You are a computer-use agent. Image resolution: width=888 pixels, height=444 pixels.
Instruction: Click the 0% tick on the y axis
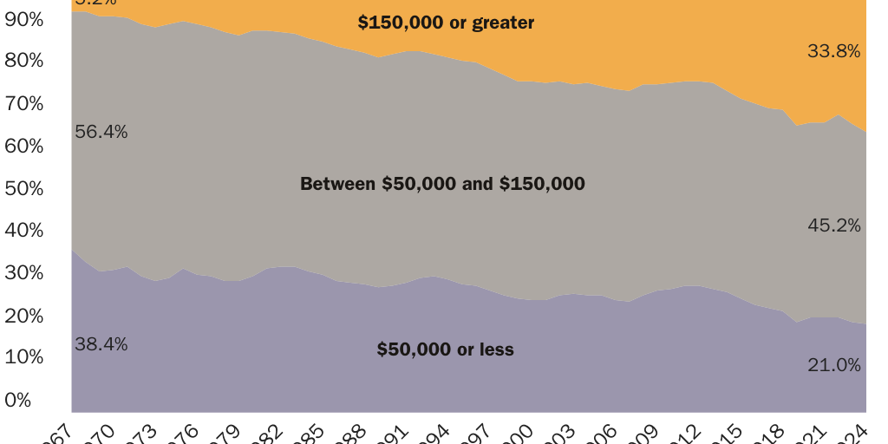17,401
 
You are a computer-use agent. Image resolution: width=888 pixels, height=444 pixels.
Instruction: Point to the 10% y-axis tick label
23,357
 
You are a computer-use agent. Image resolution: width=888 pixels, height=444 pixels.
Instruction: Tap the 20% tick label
23,316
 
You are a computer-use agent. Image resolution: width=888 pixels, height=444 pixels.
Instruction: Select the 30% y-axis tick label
23,273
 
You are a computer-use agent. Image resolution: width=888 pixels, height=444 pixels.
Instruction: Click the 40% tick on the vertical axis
23,231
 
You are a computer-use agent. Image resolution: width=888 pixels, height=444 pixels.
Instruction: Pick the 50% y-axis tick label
23,188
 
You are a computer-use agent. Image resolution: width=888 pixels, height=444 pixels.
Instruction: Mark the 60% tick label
23,146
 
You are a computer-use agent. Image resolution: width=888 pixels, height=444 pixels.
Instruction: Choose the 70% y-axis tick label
23,103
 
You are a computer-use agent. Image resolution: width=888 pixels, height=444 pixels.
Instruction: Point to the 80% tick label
23,61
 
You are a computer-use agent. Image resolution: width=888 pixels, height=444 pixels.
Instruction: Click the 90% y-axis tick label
23,18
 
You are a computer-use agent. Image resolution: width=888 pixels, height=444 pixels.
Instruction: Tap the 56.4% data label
101,132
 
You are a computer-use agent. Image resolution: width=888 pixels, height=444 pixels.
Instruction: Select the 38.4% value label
101,344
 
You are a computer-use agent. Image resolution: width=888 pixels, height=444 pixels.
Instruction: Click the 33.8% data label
833,51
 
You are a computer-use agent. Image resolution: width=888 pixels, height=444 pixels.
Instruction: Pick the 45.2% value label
833,225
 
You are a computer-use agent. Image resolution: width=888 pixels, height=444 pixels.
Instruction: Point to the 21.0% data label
833,365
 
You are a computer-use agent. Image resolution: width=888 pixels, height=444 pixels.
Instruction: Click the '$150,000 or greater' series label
446,23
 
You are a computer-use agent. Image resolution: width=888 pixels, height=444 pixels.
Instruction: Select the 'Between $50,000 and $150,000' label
442,184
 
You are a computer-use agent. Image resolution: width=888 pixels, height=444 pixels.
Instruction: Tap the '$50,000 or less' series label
445,349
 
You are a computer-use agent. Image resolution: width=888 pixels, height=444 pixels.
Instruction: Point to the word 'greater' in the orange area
503,23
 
